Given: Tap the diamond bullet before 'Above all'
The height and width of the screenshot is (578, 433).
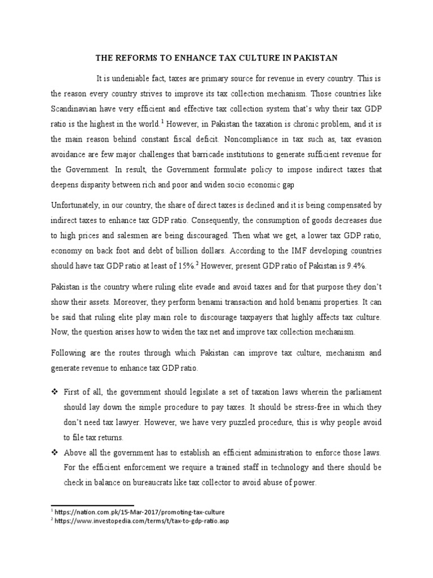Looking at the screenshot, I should [x=55, y=452].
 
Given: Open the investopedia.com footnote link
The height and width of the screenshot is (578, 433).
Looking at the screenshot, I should [x=141, y=521].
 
